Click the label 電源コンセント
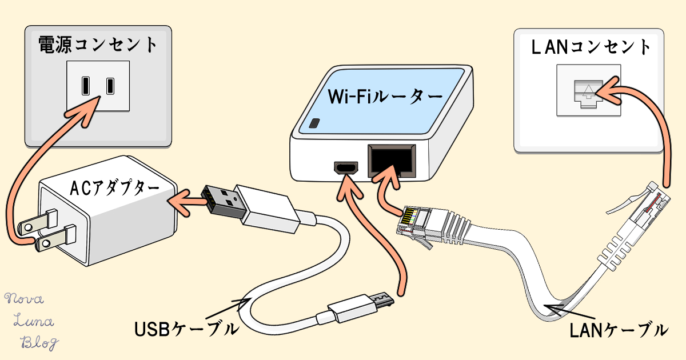[x=97, y=44]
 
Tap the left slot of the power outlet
[x=85, y=86]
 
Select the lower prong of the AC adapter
[x=54, y=239]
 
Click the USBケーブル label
[x=186, y=330]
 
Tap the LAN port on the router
[x=392, y=160]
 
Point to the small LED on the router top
[x=314, y=123]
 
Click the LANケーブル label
[x=619, y=330]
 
